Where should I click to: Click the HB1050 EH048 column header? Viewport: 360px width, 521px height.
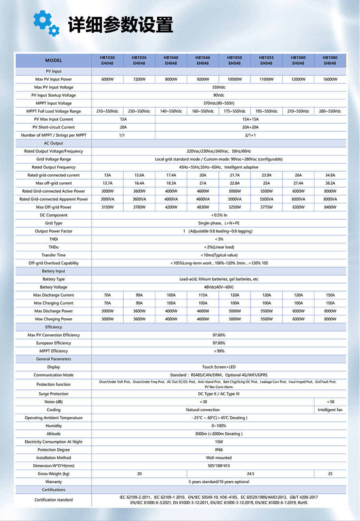234,60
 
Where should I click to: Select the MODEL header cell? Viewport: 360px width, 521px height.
53,60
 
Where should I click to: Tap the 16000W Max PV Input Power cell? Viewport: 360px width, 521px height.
330,79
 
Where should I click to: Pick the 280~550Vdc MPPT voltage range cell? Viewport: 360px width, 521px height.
330,111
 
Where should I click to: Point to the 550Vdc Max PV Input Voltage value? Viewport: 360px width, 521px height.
219,87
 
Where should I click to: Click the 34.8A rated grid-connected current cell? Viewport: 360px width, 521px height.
330,175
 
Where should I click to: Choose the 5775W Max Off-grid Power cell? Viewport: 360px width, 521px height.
266,207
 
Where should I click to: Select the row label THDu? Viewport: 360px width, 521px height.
53,247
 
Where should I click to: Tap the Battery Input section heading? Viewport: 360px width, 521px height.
53,271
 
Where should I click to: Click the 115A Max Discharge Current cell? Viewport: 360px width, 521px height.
203,295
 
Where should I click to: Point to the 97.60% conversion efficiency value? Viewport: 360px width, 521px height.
219,335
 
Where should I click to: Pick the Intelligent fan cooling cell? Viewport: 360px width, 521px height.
330,410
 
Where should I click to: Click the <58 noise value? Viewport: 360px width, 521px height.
330,402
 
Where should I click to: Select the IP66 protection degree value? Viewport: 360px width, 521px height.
219,450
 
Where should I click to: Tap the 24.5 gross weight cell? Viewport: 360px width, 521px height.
251,474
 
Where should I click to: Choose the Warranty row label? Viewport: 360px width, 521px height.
53,482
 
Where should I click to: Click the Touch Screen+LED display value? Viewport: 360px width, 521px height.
219,367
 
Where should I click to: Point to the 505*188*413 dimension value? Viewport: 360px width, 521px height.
219,466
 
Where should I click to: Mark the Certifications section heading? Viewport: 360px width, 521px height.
53,490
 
